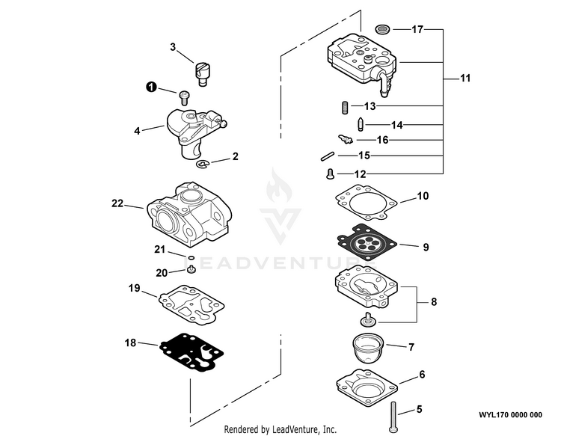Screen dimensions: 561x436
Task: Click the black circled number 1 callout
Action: (151, 87)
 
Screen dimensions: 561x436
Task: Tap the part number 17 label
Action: (417, 29)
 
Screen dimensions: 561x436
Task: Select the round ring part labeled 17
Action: (383, 29)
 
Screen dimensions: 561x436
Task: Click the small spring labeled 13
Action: (345, 108)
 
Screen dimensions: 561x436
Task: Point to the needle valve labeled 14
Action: (361, 124)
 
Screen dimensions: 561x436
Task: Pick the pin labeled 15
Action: (327, 156)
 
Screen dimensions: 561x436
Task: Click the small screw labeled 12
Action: (330, 174)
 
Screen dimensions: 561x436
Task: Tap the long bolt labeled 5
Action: (393, 417)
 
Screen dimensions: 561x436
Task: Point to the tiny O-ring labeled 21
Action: (191, 257)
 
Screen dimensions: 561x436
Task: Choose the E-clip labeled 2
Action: (203, 165)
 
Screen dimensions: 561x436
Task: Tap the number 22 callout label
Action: (117, 203)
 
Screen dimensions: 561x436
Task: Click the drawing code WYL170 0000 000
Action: (511, 415)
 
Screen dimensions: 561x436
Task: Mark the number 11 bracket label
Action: (465, 78)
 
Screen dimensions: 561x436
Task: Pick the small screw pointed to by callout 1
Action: (184, 98)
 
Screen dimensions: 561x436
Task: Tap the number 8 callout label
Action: (434, 302)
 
